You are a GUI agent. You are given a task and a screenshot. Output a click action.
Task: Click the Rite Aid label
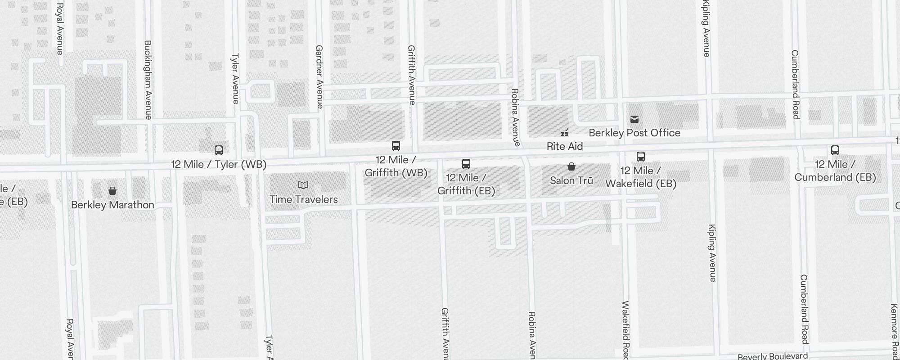click(564, 146)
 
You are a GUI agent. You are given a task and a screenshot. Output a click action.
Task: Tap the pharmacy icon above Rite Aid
click(565, 133)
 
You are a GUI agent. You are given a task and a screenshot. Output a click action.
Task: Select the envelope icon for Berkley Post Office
click(634, 119)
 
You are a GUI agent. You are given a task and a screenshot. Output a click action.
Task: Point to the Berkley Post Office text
click(634, 133)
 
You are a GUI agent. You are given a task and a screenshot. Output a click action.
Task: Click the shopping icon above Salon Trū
click(571, 167)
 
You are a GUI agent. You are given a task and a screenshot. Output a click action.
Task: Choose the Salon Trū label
click(571, 180)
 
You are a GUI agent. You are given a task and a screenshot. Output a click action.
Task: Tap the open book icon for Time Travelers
click(304, 185)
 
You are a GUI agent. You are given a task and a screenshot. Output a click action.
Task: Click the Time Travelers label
click(304, 199)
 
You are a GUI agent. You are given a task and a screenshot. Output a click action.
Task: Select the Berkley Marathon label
click(112, 205)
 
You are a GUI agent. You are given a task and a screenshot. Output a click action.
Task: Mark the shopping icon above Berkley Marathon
click(112, 191)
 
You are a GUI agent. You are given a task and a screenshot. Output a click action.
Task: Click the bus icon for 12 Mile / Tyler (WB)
click(219, 150)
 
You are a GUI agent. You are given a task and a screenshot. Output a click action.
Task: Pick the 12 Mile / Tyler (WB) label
click(219, 164)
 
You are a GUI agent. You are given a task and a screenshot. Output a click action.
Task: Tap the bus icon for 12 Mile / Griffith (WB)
click(396, 146)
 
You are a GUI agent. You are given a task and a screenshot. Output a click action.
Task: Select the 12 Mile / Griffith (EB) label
click(466, 184)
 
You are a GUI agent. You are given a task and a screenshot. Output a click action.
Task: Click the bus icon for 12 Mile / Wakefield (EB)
click(641, 157)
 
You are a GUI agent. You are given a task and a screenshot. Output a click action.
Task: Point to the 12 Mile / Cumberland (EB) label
click(835, 171)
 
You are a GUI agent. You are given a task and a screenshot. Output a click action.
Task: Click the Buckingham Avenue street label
click(148, 80)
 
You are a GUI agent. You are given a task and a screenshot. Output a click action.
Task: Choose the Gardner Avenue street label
click(319, 76)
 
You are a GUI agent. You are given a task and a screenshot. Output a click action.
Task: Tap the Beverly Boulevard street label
click(773, 356)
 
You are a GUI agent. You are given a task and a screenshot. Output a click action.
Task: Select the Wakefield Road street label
click(625, 331)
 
